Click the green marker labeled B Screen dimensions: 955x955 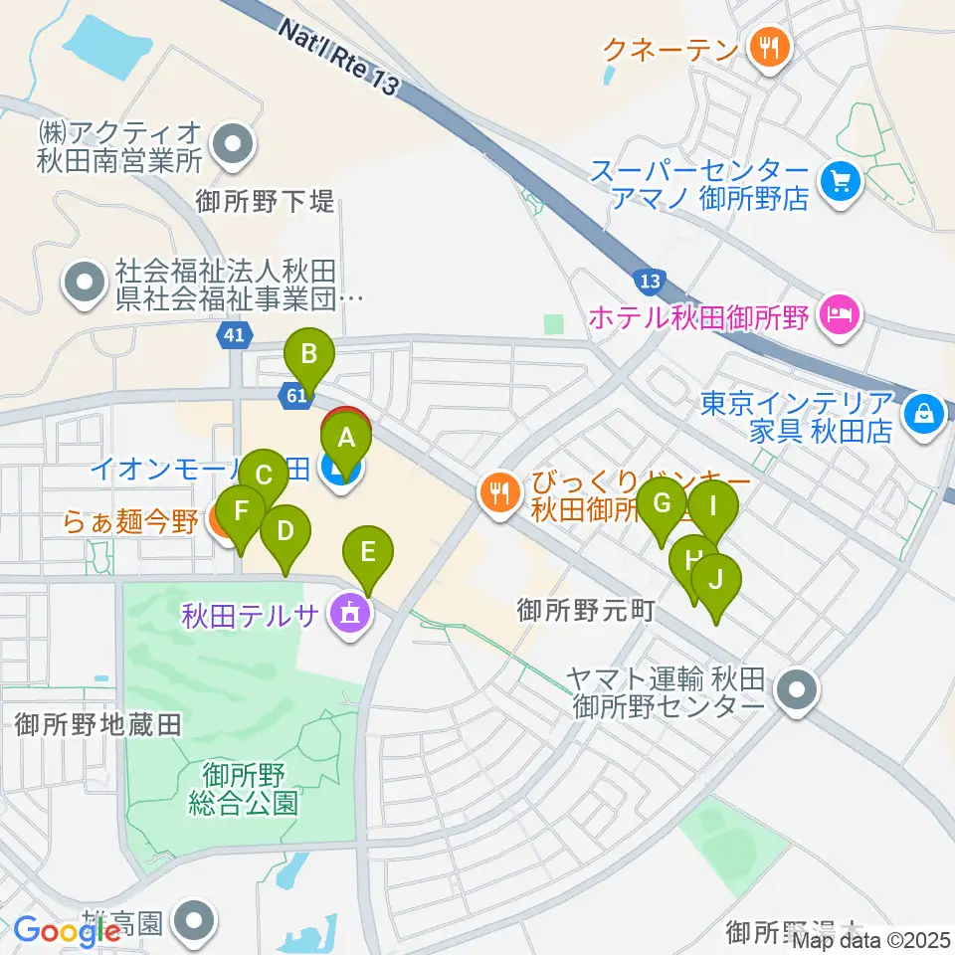point(309,354)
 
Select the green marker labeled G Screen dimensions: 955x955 point(661,502)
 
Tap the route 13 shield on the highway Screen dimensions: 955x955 point(649,283)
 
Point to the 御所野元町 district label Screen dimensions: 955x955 point(585,610)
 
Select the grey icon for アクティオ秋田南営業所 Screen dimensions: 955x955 point(233,144)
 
